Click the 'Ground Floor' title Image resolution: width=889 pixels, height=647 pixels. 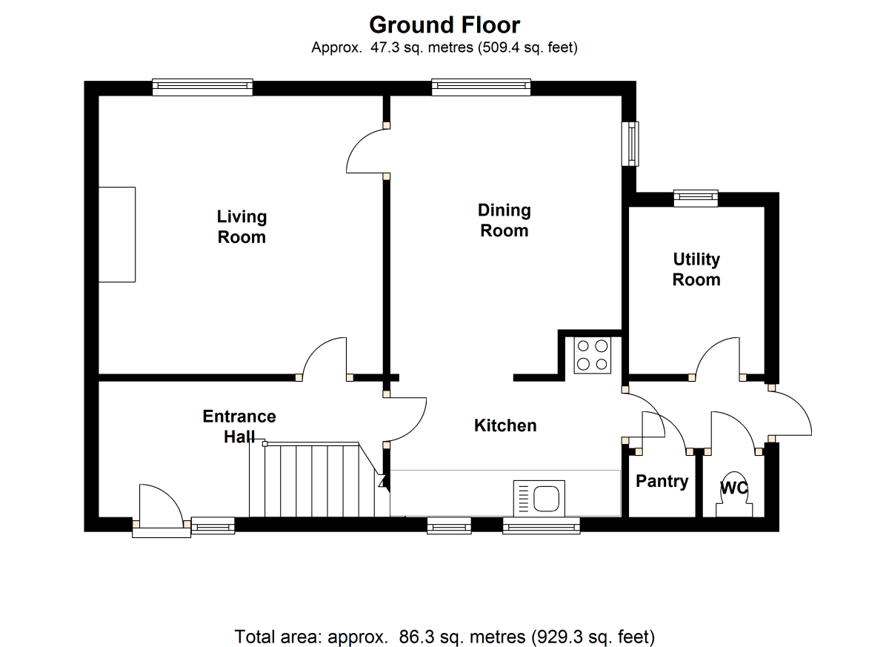click(x=444, y=24)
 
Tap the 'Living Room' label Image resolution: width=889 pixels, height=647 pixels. click(x=242, y=227)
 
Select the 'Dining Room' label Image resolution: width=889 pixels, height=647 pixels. click(x=504, y=220)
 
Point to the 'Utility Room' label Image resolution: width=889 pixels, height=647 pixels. click(x=696, y=269)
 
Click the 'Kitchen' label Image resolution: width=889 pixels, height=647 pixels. click(x=505, y=425)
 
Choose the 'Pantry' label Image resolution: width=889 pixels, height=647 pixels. click(x=662, y=481)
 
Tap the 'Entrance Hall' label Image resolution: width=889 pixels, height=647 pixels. click(x=239, y=426)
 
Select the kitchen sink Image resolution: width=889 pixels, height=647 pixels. click(x=539, y=497)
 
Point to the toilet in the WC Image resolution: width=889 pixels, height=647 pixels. click(x=734, y=494)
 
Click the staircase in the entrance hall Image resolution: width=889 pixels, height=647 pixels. click(x=311, y=480)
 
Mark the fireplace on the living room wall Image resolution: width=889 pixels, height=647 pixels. click(x=117, y=234)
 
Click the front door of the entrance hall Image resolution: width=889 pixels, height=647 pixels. click(x=159, y=511)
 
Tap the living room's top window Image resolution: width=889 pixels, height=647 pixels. click(x=202, y=87)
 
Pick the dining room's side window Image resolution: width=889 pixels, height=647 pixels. click(x=630, y=143)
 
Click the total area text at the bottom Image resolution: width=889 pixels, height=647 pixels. click(x=444, y=636)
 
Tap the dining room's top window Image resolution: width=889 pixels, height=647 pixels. click(x=482, y=87)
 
